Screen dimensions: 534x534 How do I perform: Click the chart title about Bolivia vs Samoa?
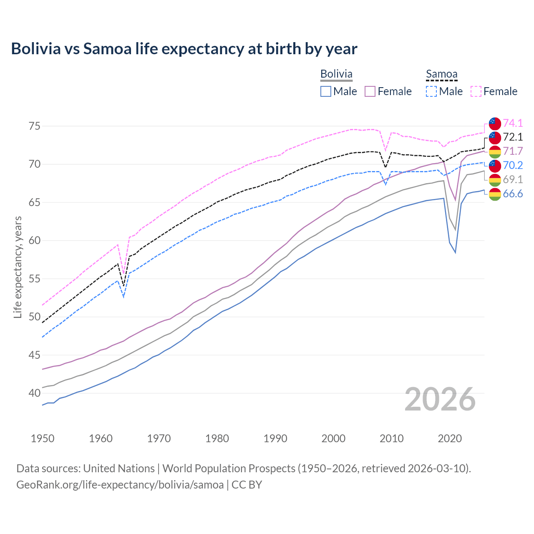tap(184, 49)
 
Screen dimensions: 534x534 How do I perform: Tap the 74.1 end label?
tap(513, 123)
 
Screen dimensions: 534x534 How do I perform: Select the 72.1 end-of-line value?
tap(513, 137)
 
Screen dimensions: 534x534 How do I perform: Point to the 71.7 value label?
tap(513, 151)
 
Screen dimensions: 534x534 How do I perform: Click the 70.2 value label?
tap(513, 165)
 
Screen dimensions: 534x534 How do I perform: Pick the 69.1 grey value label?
tap(513, 179)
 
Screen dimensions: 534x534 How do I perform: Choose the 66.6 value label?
tap(513, 194)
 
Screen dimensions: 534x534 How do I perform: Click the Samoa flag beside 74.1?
tap(495, 123)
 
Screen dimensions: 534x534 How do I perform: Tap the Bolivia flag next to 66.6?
tap(495, 194)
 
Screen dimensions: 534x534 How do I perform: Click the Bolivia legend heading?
tap(336, 74)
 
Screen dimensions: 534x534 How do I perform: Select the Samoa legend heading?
tap(441, 74)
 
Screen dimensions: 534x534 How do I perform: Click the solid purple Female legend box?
tap(370, 91)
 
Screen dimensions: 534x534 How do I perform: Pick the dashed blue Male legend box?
tap(431, 91)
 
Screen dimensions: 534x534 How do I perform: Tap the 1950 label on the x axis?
tap(43, 438)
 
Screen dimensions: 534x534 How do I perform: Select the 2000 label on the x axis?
tap(333, 438)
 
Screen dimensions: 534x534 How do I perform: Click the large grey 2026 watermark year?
tap(440, 399)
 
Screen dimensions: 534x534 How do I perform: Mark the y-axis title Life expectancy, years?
tap(18, 267)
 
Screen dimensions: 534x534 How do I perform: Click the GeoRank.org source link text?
tap(120, 485)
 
